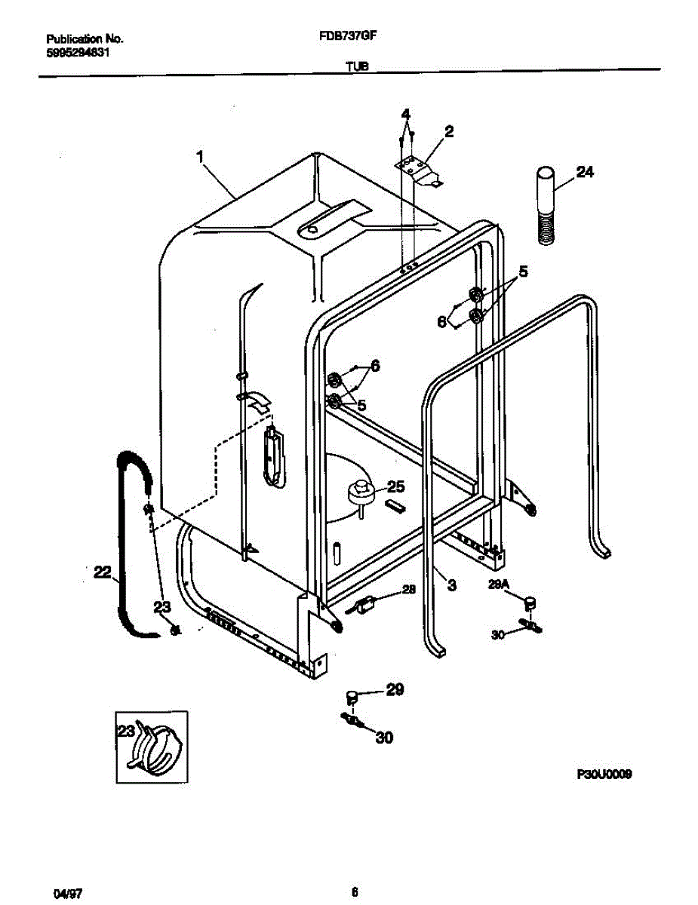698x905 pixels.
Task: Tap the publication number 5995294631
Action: click(x=80, y=53)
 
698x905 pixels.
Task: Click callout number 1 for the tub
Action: click(x=200, y=158)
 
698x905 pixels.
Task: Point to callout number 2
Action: click(x=449, y=132)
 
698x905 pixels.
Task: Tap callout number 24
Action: click(x=585, y=173)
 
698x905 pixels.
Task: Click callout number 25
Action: click(x=396, y=486)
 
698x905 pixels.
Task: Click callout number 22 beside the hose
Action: click(x=102, y=574)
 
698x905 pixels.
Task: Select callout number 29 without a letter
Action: click(x=395, y=689)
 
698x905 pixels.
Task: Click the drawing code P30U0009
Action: click(x=604, y=774)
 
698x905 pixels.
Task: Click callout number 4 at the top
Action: click(x=405, y=114)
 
